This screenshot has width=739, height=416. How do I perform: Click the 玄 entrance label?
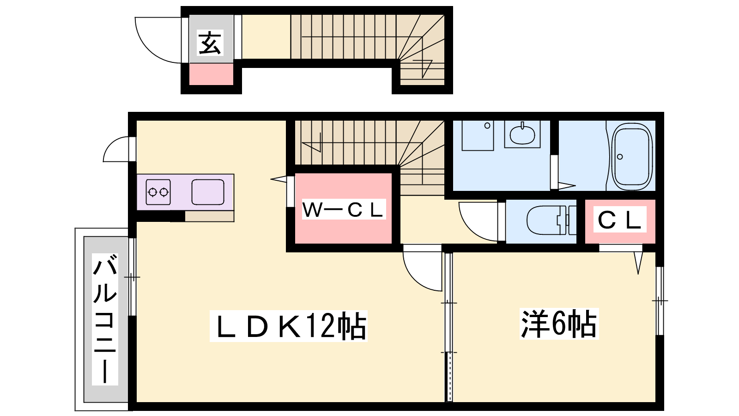point(210,43)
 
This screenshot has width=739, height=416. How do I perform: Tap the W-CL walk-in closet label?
point(344,209)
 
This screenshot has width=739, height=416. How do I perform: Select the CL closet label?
point(619,220)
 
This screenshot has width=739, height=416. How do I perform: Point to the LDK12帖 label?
point(289,325)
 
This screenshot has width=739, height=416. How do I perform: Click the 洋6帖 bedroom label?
point(559,324)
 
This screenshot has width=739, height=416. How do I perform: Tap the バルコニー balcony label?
point(105,319)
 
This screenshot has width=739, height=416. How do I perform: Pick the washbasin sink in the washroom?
point(522,134)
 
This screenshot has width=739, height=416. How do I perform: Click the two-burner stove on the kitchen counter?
point(158,192)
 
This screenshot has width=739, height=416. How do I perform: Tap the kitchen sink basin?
point(208,192)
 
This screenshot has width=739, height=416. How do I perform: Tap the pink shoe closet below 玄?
point(211,74)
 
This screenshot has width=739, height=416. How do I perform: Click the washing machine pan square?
point(478,135)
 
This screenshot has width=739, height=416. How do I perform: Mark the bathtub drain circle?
point(620,157)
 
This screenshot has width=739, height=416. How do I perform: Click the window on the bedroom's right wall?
point(660,301)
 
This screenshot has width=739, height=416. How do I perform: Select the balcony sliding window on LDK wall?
point(132,277)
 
